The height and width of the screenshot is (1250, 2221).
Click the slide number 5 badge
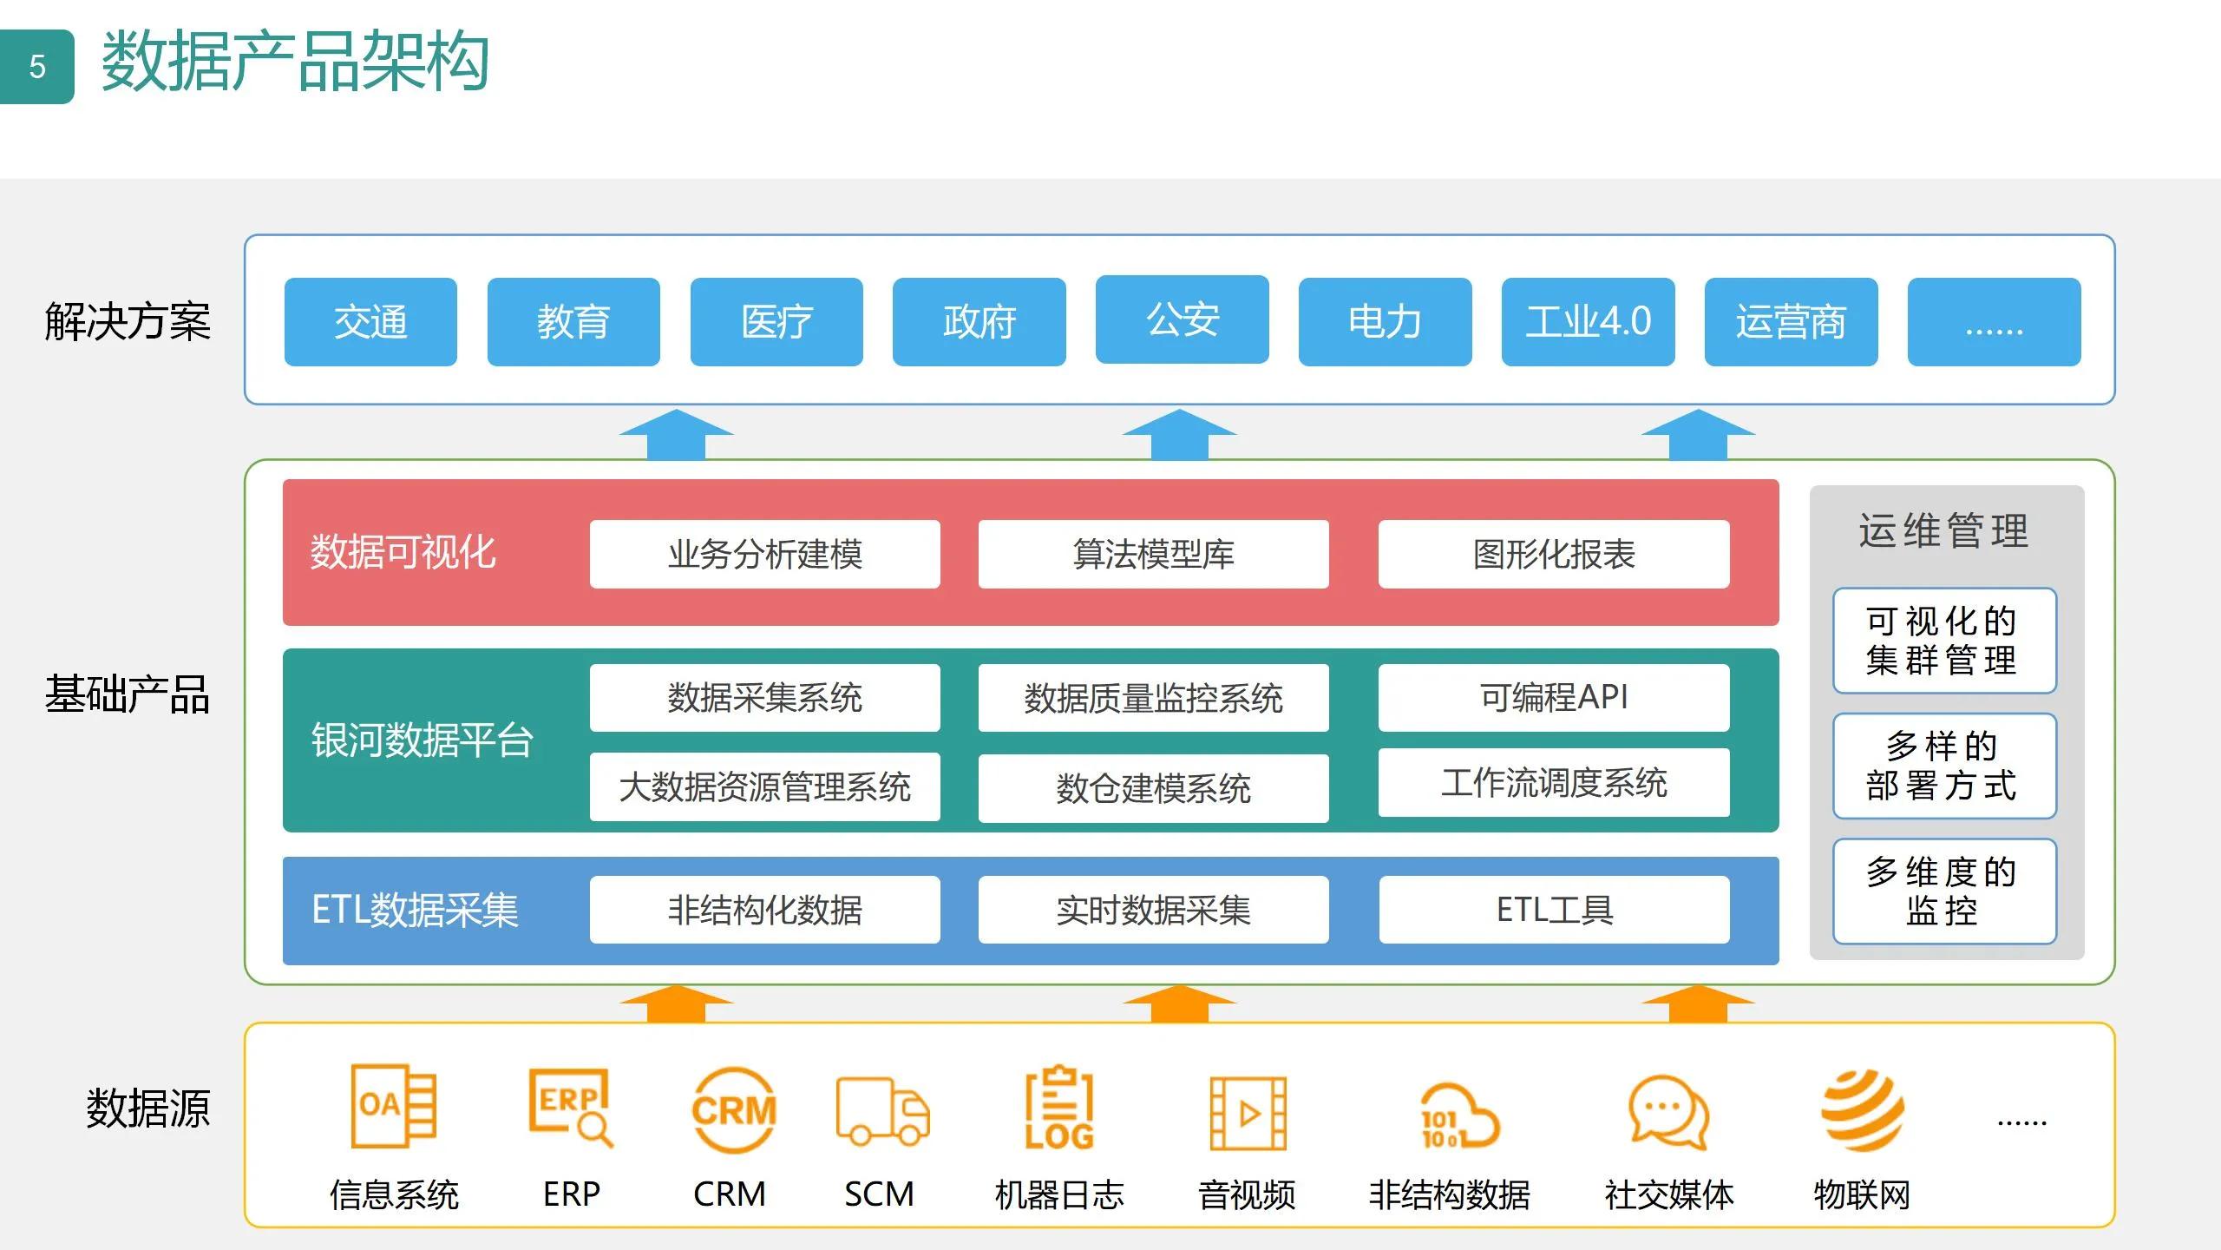36,67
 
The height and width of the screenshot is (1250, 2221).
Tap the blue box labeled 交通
370,322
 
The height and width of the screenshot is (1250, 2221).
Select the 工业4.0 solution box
1588,322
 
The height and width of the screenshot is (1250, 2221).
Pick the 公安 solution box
1182,319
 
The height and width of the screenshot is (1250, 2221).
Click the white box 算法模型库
1153,554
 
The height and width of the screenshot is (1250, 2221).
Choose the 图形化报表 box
1553,554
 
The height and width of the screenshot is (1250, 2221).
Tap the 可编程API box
1553,697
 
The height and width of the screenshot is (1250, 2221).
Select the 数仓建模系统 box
1153,788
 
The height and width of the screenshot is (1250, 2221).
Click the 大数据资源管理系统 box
764,786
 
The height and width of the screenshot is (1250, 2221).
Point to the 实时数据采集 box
1153,910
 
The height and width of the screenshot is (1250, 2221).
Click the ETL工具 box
1554,910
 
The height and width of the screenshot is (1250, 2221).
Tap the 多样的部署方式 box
1943,766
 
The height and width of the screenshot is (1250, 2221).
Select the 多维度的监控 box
1943,891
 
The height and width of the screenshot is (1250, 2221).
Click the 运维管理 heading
1943,530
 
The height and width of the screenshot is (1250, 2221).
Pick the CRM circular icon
733,1110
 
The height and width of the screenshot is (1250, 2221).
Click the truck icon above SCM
881,1112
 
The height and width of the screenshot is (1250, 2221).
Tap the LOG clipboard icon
1059,1109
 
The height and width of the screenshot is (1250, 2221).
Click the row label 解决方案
128,322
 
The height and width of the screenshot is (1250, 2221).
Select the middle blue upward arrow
1179,434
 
